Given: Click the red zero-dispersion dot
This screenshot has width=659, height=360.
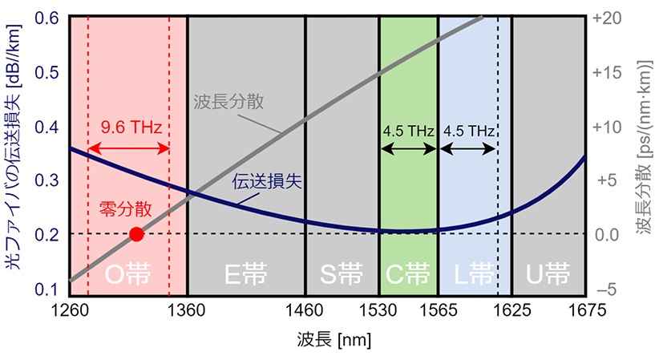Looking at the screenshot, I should (x=136, y=234).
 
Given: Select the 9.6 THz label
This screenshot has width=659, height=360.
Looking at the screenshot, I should (x=128, y=127).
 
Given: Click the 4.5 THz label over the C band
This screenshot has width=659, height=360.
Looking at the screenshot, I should (x=408, y=129).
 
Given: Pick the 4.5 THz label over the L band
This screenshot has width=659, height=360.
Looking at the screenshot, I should (x=467, y=129).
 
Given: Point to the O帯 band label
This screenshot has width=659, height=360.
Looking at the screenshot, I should (x=128, y=275).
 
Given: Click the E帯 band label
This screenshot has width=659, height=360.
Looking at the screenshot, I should (x=246, y=275).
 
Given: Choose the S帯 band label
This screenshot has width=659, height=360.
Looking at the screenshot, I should (x=342, y=275).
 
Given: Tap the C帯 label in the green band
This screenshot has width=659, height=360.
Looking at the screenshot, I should (x=408, y=275).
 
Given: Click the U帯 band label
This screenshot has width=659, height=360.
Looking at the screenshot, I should (x=549, y=275).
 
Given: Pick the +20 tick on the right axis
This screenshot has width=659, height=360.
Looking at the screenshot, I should (x=610, y=18).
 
